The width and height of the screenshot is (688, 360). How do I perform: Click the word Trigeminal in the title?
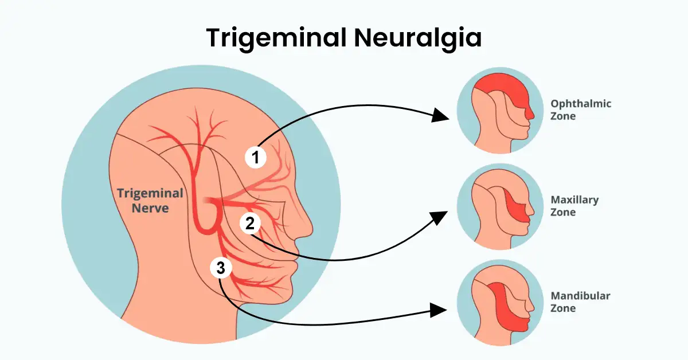pos(274,38)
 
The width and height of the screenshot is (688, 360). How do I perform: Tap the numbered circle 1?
pos(256,156)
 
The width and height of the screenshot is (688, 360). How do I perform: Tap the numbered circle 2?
pos(250,224)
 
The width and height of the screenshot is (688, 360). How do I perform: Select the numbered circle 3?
pos(221,267)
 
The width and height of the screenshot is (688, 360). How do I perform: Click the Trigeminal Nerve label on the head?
pos(150,200)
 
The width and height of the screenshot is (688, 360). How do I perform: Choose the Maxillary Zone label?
pos(574,206)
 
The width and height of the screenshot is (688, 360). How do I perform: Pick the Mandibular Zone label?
pos(580,302)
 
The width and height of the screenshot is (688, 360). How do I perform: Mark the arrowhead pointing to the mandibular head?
pos(440,310)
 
